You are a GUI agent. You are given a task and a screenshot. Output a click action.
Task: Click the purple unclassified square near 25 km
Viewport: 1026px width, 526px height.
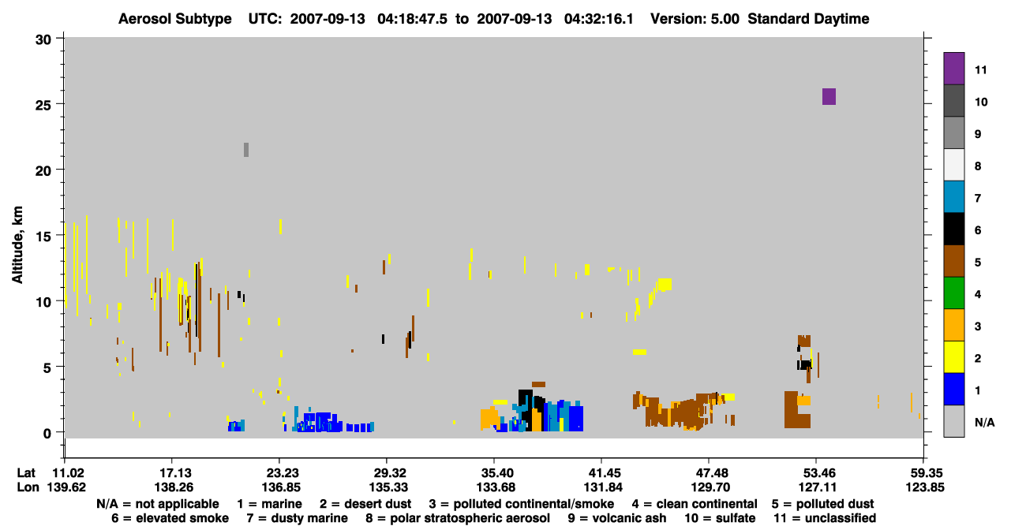829,96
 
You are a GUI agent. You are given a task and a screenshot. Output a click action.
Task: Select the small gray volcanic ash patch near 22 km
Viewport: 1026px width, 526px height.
246,150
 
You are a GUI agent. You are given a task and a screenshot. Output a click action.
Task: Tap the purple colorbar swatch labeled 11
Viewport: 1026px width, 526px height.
953,69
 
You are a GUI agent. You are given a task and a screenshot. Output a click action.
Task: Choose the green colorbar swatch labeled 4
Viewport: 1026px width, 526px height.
953,293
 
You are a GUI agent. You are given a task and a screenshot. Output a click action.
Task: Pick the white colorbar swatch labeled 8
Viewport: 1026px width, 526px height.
953,165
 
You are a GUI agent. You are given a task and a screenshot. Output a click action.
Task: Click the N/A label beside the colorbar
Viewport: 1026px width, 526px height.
984,422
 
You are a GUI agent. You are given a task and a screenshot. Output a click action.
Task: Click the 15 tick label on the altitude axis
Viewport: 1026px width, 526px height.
43,236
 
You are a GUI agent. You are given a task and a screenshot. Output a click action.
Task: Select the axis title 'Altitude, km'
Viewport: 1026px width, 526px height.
17,245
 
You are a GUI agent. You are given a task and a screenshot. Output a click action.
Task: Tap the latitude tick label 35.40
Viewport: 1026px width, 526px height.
495,473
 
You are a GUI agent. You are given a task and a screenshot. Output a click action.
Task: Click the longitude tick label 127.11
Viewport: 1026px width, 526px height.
817,487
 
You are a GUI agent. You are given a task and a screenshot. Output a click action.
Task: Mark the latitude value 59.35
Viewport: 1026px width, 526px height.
924,473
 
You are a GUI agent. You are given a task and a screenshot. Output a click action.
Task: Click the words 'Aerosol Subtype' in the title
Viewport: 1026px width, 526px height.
175,19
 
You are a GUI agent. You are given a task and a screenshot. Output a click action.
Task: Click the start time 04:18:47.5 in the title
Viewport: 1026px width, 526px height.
412,19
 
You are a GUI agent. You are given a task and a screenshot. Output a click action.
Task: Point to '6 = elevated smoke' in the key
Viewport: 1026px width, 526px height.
170,518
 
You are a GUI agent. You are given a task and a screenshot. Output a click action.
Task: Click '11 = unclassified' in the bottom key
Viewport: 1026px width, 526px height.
825,518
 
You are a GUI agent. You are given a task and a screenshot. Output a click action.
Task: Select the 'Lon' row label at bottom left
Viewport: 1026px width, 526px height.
28,487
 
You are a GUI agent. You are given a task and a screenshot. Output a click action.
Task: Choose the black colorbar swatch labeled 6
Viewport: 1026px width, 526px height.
953,229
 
